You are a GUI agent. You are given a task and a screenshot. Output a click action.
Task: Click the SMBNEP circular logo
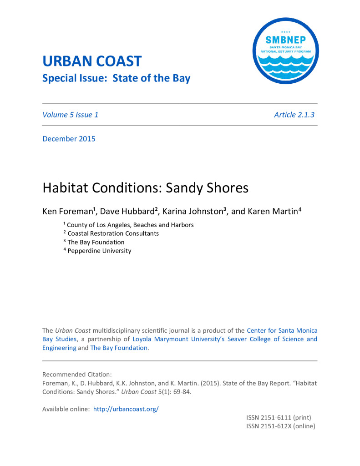(x=285, y=51)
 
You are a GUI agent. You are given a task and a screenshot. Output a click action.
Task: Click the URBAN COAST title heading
(x=92, y=61)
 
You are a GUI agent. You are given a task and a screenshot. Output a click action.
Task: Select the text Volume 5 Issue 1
(x=70, y=115)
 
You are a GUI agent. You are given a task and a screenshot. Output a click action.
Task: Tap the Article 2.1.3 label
(x=294, y=115)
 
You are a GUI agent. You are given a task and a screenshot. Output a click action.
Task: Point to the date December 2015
(x=69, y=139)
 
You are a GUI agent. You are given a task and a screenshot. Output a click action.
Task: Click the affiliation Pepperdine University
(x=99, y=251)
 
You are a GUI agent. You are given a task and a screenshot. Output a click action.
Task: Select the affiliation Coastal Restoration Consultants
(x=113, y=233)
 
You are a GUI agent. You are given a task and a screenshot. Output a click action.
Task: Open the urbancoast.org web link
(x=126, y=409)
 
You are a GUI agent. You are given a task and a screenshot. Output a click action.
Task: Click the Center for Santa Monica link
(x=282, y=330)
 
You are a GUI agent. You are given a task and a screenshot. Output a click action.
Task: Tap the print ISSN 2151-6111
(x=279, y=417)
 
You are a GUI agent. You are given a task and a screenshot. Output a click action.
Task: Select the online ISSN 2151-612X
(x=280, y=426)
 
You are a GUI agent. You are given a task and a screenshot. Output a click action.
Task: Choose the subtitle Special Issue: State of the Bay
(x=116, y=78)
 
